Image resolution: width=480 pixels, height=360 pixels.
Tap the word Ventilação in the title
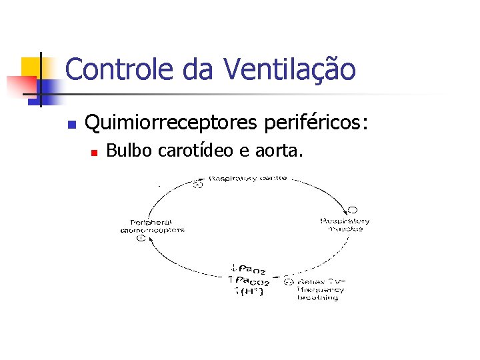click(289, 69)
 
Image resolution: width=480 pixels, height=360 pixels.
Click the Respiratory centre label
click(248, 178)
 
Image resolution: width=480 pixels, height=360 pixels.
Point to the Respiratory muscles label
click(345, 225)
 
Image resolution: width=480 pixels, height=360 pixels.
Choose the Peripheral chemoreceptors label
click(153, 225)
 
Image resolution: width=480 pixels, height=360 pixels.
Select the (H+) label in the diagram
click(251, 291)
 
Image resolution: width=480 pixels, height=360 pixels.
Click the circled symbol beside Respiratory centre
click(197, 184)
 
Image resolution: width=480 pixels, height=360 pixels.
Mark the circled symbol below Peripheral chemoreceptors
click(141, 237)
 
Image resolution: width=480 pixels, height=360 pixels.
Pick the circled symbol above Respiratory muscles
click(352, 210)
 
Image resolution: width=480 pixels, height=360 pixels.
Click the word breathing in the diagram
click(317, 297)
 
